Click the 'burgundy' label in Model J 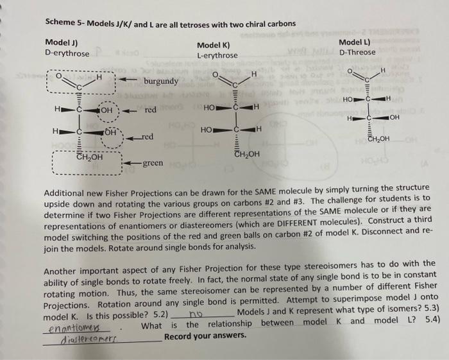tap(161, 82)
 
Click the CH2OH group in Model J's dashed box tap(90, 157)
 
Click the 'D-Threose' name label tap(358, 52)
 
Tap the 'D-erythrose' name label tap(67, 53)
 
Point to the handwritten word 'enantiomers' tap(72, 327)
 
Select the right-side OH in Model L tap(393, 117)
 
